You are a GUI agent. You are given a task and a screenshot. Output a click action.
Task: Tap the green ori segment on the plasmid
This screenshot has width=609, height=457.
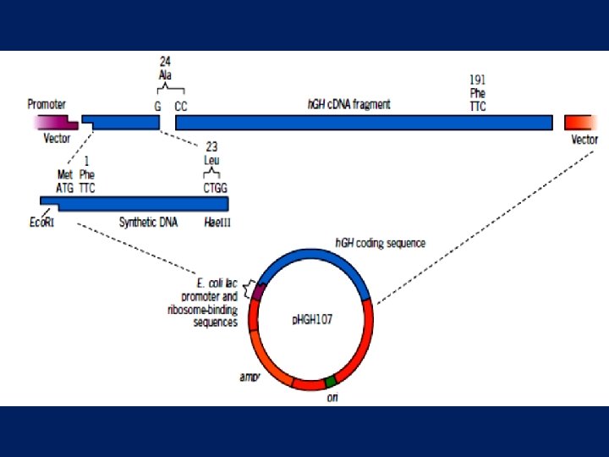tap(330, 382)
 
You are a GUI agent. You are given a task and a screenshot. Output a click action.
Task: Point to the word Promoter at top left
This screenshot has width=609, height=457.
tap(47, 104)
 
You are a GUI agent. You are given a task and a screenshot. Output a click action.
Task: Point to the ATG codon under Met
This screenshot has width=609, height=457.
tap(65, 188)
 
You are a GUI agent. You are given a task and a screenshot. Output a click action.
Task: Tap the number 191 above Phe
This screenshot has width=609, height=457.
tap(478, 80)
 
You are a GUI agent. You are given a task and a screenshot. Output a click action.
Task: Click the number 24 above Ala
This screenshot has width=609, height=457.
tap(166, 61)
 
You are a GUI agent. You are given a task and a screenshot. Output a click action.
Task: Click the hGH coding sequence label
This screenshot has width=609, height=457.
tap(380, 243)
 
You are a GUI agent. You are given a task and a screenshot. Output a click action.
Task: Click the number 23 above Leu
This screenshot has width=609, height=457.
tap(211, 146)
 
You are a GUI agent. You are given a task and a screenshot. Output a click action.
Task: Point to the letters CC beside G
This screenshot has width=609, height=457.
tap(181, 107)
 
